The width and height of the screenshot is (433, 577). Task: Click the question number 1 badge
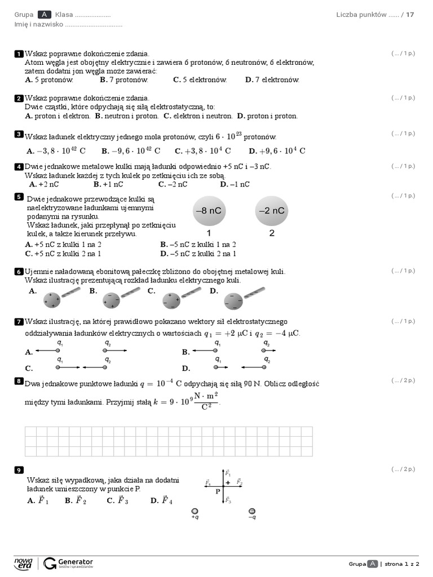click(x=19, y=54)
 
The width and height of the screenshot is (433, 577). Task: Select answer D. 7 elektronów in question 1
click(x=272, y=79)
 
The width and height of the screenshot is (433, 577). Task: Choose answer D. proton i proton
click(x=267, y=116)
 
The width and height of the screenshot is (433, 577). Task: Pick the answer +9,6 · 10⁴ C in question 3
click(x=277, y=150)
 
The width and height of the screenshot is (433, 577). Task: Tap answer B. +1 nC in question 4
click(x=108, y=184)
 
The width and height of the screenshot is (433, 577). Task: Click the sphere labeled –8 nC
click(x=209, y=211)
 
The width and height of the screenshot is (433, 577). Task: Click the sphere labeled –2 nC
click(x=272, y=211)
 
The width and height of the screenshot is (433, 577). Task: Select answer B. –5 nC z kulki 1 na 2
click(x=198, y=245)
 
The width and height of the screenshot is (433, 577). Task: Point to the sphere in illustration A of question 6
click(x=52, y=300)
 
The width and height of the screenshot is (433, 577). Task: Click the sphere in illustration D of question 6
click(x=233, y=301)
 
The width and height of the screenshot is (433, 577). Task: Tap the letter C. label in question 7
click(x=29, y=368)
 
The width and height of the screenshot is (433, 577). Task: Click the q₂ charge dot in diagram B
click(x=264, y=350)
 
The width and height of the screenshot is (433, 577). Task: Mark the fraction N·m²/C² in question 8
click(x=206, y=401)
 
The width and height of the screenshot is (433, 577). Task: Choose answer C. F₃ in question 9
click(x=117, y=500)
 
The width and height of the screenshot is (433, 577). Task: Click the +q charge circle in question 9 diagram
click(x=195, y=511)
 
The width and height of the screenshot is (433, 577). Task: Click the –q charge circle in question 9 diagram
click(x=252, y=511)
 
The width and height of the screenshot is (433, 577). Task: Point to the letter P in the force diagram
click(x=218, y=491)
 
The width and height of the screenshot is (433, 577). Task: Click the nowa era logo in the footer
click(x=23, y=563)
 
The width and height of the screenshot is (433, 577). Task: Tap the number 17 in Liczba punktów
click(x=410, y=15)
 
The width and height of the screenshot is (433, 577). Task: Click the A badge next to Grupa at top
click(x=44, y=15)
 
